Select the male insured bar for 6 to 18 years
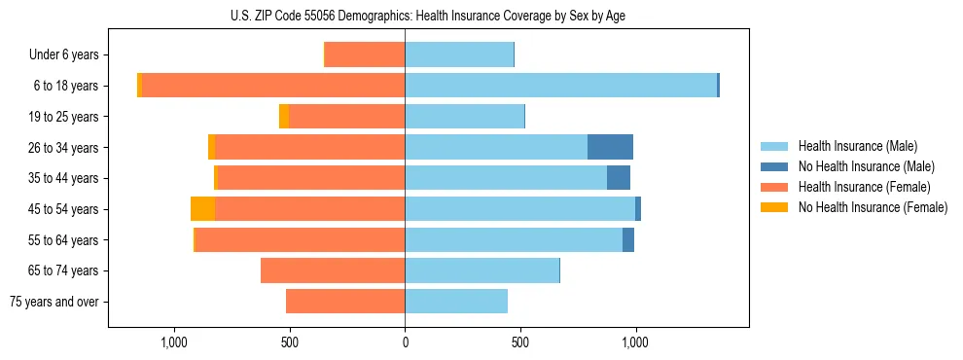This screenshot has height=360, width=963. click(560, 86)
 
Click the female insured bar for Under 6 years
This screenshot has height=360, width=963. click(365, 54)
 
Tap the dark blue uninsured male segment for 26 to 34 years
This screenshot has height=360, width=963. click(610, 147)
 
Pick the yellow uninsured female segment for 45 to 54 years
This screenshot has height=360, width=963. click(202, 209)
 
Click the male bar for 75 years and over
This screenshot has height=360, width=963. click(456, 302)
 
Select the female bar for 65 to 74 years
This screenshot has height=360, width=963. click(333, 270)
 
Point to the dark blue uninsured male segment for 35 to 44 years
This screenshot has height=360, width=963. click(619, 178)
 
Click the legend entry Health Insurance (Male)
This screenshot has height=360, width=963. click(857, 146)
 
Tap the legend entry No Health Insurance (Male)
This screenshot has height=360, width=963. click(866, 166)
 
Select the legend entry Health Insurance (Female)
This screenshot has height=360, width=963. click(864, 187)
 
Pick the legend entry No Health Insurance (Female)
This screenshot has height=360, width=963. click(873, 207)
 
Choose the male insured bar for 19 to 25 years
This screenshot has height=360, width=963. click(464, 117)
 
